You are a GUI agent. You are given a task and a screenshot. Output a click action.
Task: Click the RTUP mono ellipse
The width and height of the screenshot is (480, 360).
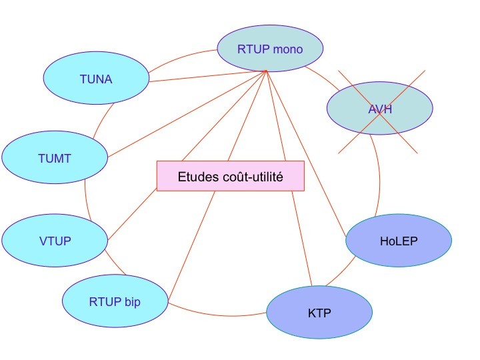point(270,49)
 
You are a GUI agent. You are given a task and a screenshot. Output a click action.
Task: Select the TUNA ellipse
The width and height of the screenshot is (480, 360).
point(96,79)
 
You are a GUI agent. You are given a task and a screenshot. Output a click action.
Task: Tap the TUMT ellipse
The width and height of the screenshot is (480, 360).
point(55,158)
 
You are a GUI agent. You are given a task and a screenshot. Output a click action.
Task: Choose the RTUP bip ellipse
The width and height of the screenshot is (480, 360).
point(115,301)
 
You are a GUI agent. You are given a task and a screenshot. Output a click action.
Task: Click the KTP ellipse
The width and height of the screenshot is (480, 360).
point(319,313)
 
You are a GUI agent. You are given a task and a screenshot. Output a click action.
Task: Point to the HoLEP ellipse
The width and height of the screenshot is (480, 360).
point(399,241)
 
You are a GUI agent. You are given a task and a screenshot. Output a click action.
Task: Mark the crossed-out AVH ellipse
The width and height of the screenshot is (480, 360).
point(380,109)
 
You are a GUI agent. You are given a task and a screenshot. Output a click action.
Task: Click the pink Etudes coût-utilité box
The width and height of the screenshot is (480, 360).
point(231,176)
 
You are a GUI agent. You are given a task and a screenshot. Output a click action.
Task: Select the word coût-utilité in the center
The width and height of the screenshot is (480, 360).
point(254,177)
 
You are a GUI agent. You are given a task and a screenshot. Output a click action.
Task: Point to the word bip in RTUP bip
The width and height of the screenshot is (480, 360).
point(133,301)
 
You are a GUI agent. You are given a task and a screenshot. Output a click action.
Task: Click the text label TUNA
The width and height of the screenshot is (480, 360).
point(96,79)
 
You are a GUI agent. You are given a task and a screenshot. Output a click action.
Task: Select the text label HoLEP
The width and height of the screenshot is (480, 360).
point(399,241)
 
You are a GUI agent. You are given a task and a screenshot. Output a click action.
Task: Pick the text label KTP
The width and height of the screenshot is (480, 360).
point(319,313)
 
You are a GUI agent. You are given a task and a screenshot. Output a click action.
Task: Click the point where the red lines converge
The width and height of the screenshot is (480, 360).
point(267,70)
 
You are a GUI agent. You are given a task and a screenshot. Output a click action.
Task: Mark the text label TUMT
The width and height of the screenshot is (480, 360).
point(55,158)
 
